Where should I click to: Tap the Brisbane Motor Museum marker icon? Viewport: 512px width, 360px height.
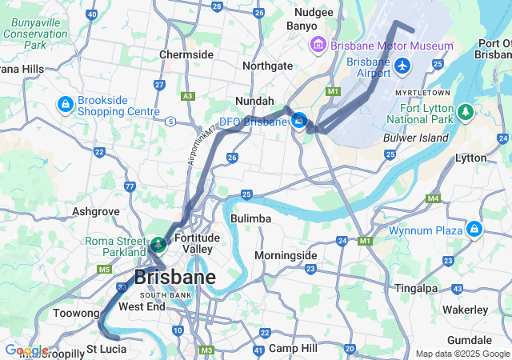(x=318, y=44)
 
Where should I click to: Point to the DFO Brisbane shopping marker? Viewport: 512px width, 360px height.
(x=299, y=122)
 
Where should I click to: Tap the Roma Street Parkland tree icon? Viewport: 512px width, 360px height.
(x=158, y=243)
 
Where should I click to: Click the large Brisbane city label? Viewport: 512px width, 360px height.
(x=174, y=278)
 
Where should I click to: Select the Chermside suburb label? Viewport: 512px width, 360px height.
(x=186, y=54)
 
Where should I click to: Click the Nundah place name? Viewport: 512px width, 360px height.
(x=254, y=101)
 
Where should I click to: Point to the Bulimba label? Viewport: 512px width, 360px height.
(x=250, y=218)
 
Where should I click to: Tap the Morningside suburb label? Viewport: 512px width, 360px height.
(x=286, y=255)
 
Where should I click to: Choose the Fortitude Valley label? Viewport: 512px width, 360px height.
(x=195, y=243)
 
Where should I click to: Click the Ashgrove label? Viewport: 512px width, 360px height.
(x=95, y=212)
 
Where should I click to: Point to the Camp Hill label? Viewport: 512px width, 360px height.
(x=293, y=348)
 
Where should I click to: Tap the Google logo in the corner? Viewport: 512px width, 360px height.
(x=26, y=350)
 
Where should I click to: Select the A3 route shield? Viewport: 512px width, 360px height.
(x=188, y=96)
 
